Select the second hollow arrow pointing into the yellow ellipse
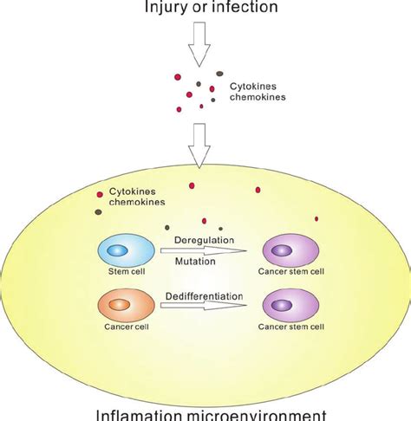pos(200,143)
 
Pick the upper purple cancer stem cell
pos(291,251)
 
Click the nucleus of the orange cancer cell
pos(119,307)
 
